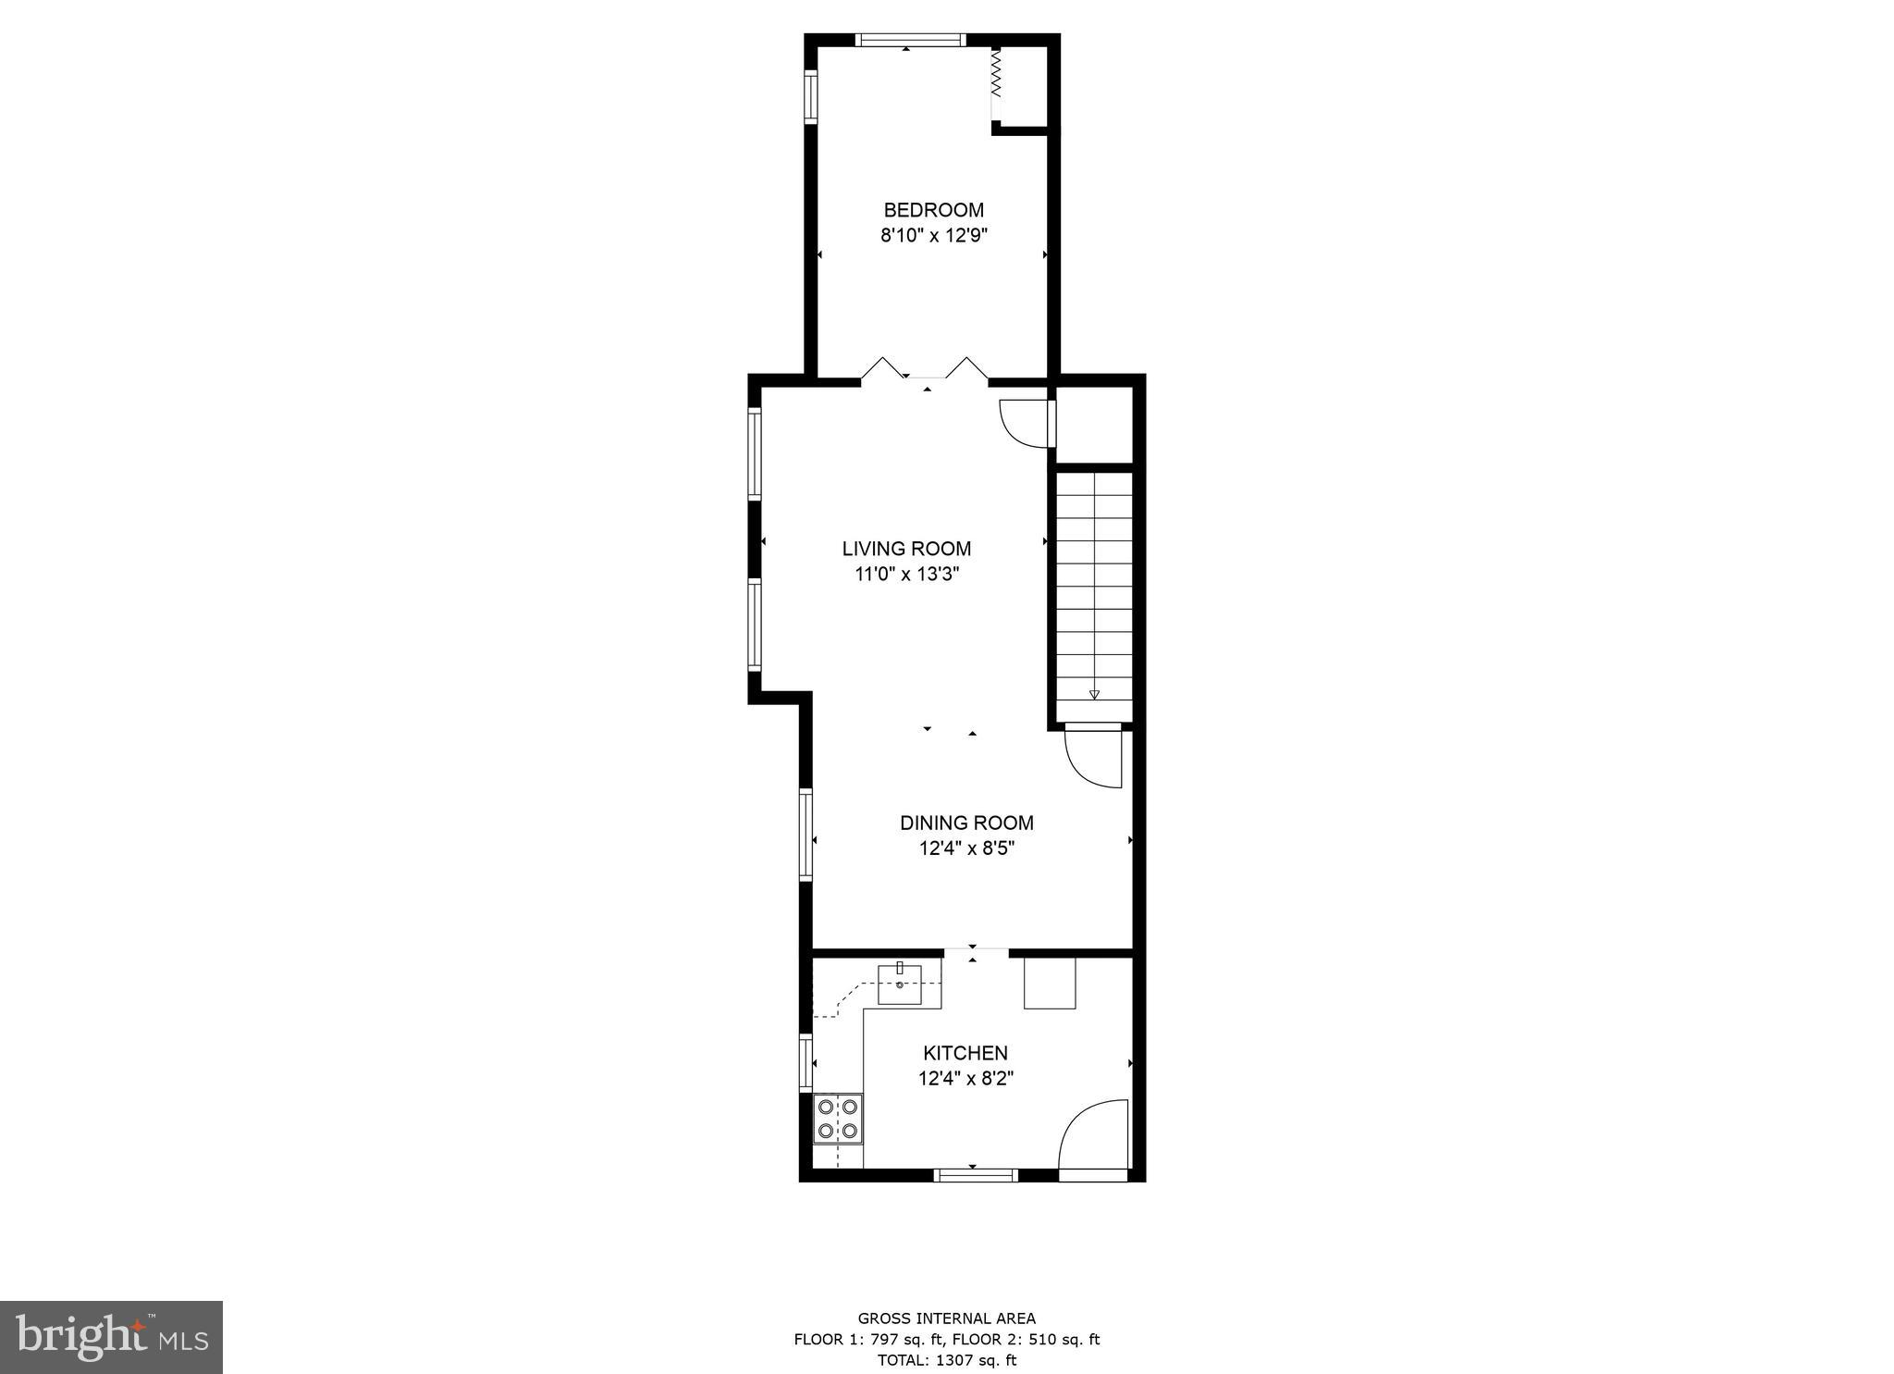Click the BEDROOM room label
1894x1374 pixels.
pyautogui.click(x=933, y=210)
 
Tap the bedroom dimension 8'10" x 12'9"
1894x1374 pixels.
pyautogui.click(x=933, y=236)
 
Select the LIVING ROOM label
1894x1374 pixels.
pyautogui.click(x=906, y=549)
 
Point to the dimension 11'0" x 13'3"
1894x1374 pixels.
pyautogui.click(x=906, y=575)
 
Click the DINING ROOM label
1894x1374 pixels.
pyautogui.click(x=966, y=823)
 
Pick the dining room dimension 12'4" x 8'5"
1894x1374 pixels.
pyautogui.click(x=966, y=848)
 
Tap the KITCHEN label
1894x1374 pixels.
pyautogui.click(x=965, y=1053)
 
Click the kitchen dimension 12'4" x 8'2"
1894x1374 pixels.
pyautogui.click(x=965, y=1079)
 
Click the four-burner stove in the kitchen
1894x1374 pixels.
pyautogui.click(x=837, y=1119)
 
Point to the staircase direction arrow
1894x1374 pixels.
pyautogui.click(x=1094, y=694)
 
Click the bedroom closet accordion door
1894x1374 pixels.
pyautogui.click(x=996, y=74)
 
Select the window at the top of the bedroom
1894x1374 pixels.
pyautogui.click(x=910, y=40)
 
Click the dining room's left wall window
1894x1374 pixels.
pyautogui.click(x=806, y=835)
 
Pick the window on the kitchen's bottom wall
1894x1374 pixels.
pyautogui.click(x=975, y=1175)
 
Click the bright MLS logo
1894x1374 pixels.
pyautogui.click(x=111, y=1337)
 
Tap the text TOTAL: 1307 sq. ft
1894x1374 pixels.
pyautogui.click(x=946, y=1360)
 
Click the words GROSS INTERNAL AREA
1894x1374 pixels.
pyautogui.click(x=946, y=1318)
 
